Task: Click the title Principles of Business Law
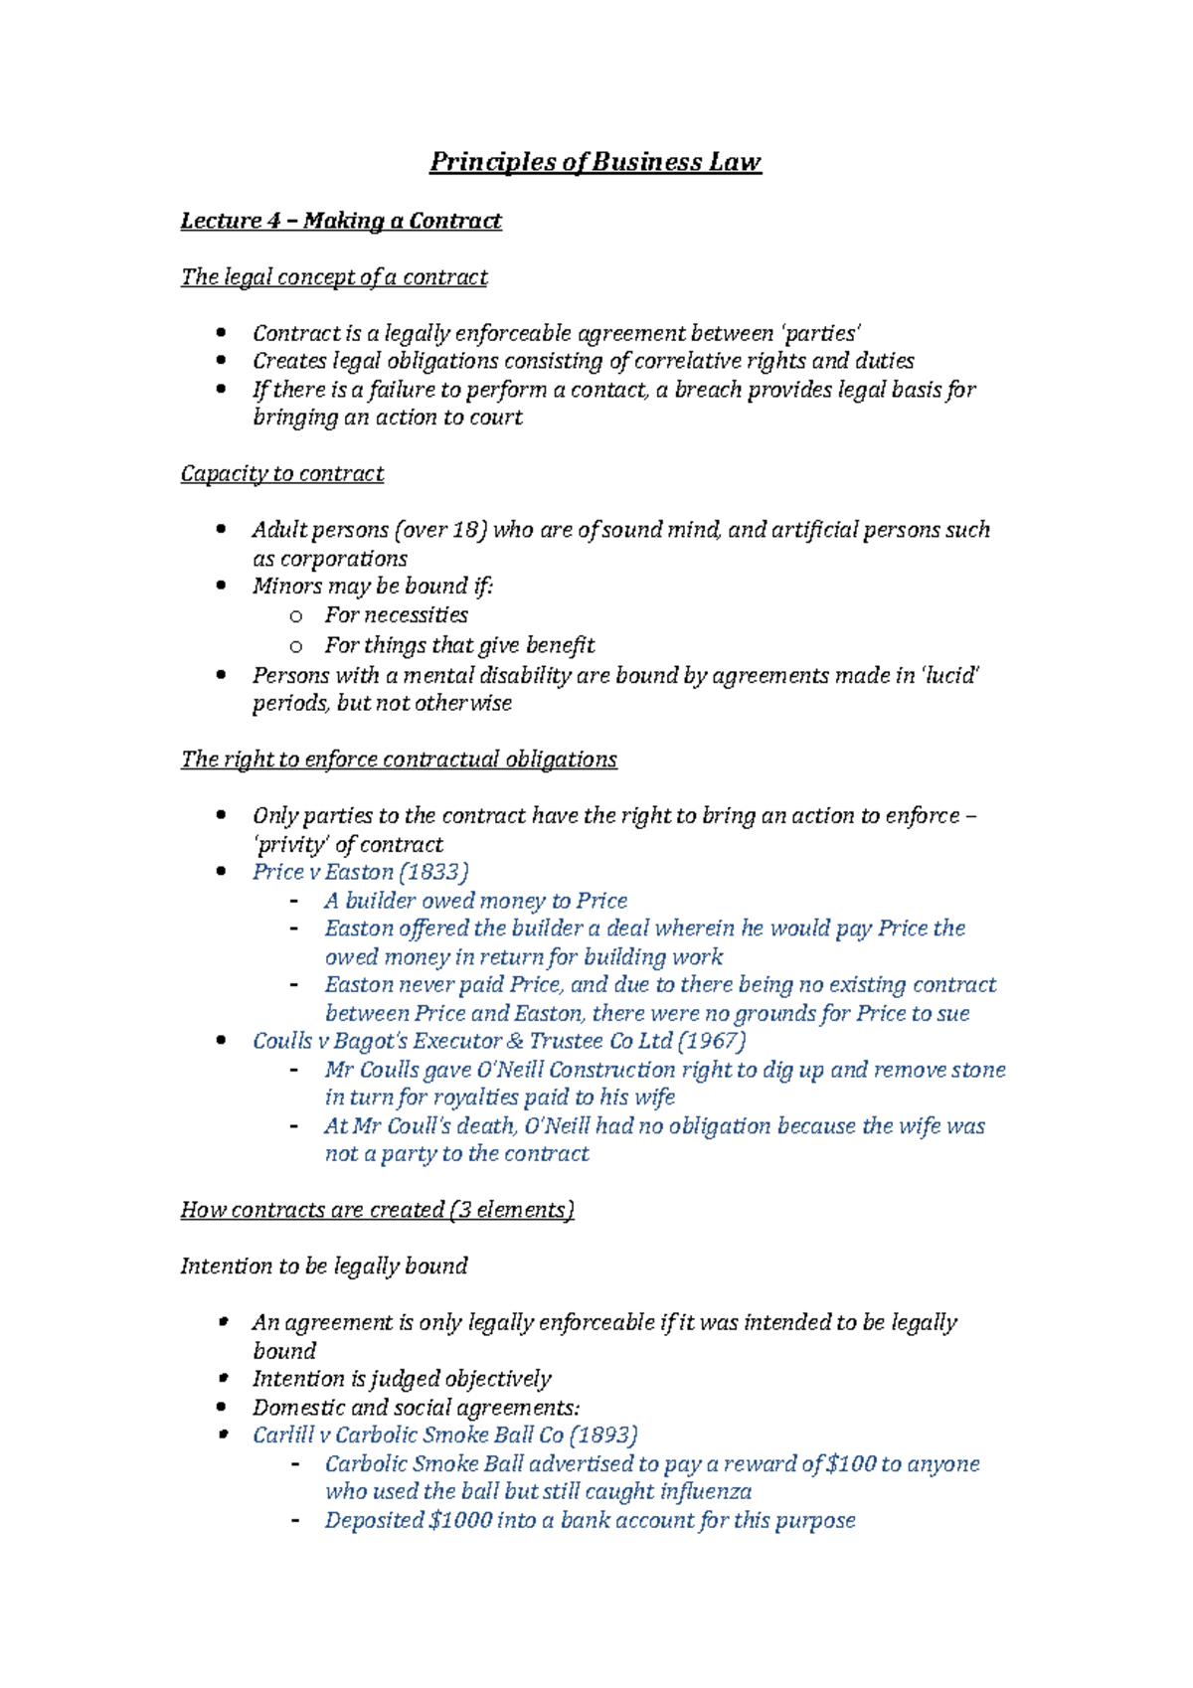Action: click(x=595, y=162)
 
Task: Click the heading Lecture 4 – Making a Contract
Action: click(x=340, y=221)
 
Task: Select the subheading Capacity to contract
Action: click(x=281, y=474)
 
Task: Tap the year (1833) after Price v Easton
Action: click(x=433, y=873)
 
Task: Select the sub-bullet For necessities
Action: click(x=396, y=615)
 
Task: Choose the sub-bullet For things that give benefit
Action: click(x=459, y=646)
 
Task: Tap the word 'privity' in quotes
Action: click(x=291, y=845)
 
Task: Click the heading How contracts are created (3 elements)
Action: click(x=377, y=1211)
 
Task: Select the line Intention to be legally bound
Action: click(x=323, y=1266)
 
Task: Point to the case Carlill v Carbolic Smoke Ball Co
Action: click(x=408, y=1435)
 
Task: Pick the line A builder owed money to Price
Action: click(x=475, y=902)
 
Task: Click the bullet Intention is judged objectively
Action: click(x=401, y=1380)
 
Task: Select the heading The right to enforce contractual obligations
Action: click(x=398, y=760)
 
